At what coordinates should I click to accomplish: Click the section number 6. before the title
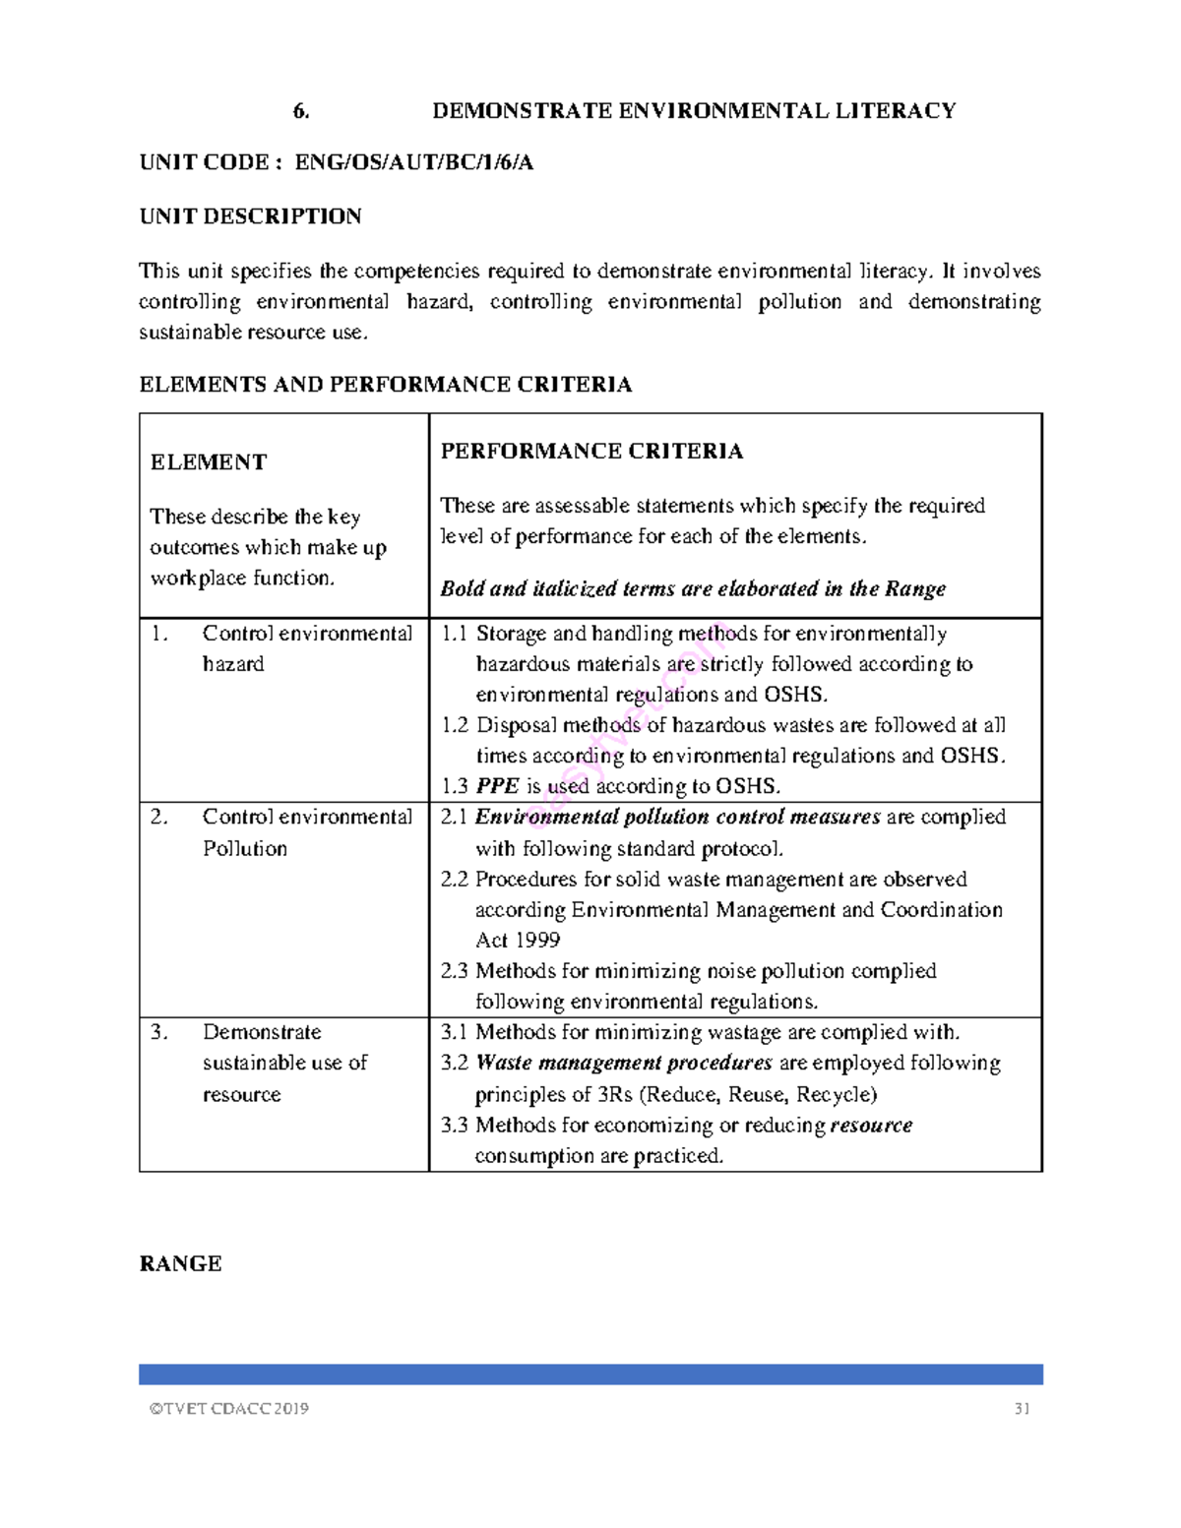point(301,111)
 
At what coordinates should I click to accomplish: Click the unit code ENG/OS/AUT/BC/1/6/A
point(413,163)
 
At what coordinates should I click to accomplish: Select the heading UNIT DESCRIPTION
point(250,216)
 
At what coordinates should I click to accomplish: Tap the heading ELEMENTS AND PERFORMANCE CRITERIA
point(385,385)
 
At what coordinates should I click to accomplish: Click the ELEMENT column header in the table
point(208,462)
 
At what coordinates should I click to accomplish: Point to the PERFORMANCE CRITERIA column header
point(591,452)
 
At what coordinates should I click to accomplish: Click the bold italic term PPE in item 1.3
point(497,786)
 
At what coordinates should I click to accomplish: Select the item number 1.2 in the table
point(454,725)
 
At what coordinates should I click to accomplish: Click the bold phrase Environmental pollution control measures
point(677,817)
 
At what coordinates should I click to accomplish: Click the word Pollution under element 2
point(245,848)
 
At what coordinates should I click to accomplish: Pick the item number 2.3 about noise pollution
point(454,971)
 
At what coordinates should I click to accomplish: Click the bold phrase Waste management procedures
point(624,1063)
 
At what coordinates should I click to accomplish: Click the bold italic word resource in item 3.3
point(871,1125)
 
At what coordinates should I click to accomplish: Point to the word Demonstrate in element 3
point(262,1032)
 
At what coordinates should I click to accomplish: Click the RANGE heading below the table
point(180,1264)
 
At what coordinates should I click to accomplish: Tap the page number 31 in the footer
point(1022,1409)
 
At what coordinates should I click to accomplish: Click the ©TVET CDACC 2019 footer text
point(228,1409)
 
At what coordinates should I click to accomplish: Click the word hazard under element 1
point(233,664)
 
